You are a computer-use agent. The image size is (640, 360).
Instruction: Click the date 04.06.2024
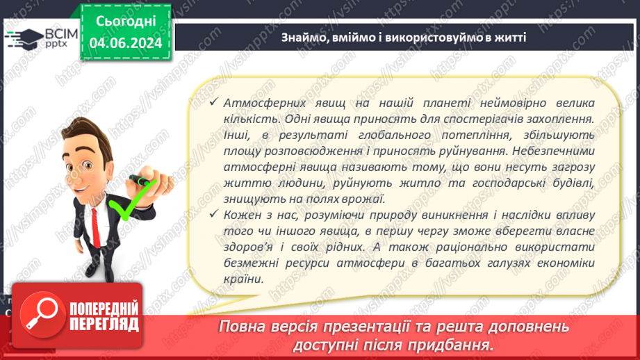coord(126,43)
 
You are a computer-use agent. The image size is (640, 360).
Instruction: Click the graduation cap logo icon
coord(23,37)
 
